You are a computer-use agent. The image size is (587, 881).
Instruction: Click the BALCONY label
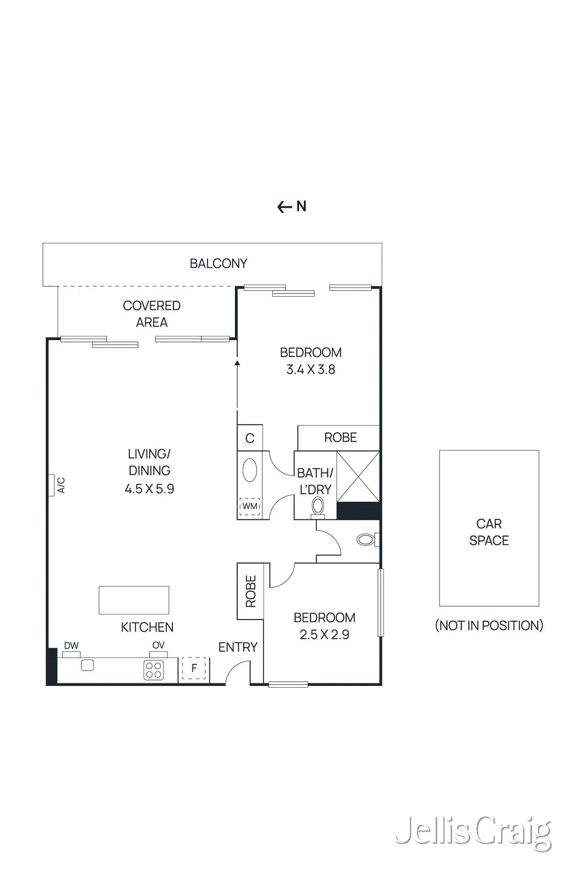click(x=218, y=264)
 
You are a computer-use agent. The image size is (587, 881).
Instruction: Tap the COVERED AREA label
click(x=151, y=314)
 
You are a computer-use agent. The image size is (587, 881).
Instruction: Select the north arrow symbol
click(x=292, y=206)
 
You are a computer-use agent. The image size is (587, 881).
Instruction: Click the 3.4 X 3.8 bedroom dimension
click(x=311, y=369)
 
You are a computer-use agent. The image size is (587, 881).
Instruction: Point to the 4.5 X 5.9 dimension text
click(x=149, y=489)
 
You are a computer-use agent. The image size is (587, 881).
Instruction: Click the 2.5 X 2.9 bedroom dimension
click(x=325, y=635)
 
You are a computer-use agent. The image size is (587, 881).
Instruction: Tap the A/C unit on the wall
click(x=52, y=485)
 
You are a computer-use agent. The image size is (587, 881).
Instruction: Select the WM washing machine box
click(x=250, y=506)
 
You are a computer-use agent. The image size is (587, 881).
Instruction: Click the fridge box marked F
click(x=194, y=668)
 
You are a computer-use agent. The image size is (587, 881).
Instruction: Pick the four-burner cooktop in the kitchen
click(x=153, y=670)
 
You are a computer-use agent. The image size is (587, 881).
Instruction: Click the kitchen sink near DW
click(x=87, y=665)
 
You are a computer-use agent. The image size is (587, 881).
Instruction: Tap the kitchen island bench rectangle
click(x=134, y=600)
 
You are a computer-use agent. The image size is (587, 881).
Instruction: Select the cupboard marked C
click(x=250, y=438)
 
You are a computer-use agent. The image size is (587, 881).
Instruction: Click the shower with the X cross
click(x=358, y=476)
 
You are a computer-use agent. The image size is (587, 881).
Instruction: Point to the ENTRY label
click(x=238, y=648)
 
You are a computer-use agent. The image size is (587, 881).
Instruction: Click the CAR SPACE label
click(x=489, y=532)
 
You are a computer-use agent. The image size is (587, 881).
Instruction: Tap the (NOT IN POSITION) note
click(x=489, y=626)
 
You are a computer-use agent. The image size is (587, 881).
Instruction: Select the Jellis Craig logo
click(x=473, y=832)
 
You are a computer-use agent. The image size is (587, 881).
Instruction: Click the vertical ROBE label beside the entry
click(x=251, y=591)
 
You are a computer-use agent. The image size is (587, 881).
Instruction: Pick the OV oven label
click(x=158, y=645)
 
